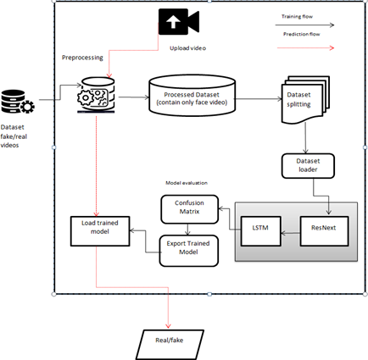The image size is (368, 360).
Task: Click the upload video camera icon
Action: pyautogui.click(x=179, y=21)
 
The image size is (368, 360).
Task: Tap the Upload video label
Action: pyautogui.click(x=187, y=48)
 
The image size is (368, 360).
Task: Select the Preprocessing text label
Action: pyautogui.click(x=82, y=58)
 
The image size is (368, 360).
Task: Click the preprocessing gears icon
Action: pyautogui.click(x=96, y=96)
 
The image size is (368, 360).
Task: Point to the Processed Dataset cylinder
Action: pyautogui.click(x=192, y=96)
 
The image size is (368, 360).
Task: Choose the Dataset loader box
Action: pyautogui.click(x=308, y=166)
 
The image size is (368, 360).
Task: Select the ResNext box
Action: pyautogui.click(x=324, y=231)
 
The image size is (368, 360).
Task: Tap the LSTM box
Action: pyautogui.click(x=260, y=231)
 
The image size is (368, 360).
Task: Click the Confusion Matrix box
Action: pyautogui.click(x=190, y=209)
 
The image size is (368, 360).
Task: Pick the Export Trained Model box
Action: pyautogui.click(x=189, y=251)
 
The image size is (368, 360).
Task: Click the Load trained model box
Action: pyautogui.click(x=100, y=231)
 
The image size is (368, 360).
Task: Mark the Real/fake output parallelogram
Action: pyautogui.click(x=170, y=345)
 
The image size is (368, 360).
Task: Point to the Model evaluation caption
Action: pyautogui.click(x=187, y=183)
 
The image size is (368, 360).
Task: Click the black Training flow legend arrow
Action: pyautogui.click(x=304, y=25)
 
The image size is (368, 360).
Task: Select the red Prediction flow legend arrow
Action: pyautogui.click(x=305, y=48)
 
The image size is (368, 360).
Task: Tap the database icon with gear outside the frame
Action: pyautogui.click(x=18, y=102)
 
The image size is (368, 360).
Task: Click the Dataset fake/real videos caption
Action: pyautogui.click(x=14, y=136)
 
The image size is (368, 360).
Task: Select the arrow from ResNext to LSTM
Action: pyautogui.click(x=291, y=233)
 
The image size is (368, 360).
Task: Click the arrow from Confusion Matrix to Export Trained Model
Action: pyautogui.click(x=188, y=230)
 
